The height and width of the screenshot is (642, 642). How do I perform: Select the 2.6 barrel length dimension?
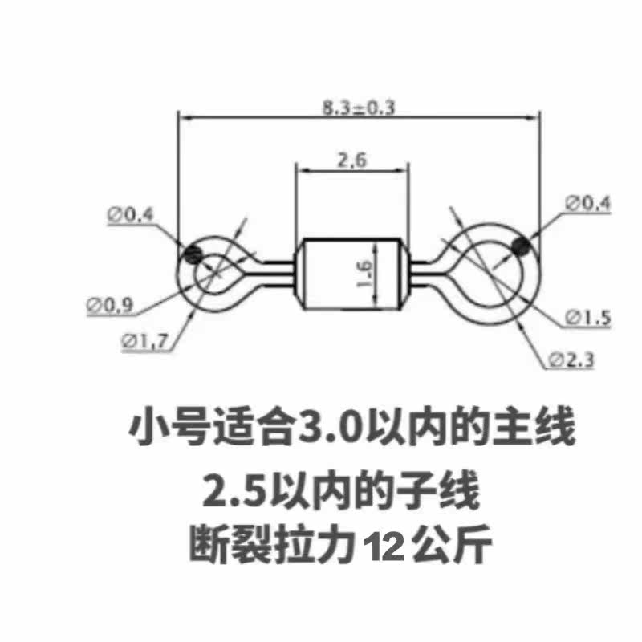[351, 160]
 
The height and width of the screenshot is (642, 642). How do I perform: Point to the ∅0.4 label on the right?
[588, 204]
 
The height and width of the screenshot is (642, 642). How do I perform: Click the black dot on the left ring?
[193, 254]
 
